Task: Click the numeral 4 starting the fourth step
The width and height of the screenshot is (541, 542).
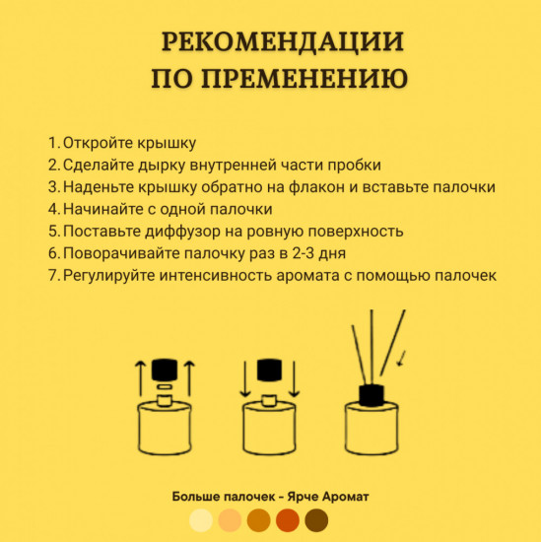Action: click(52, 210)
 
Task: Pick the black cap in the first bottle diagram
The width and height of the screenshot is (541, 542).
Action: click(162, 370)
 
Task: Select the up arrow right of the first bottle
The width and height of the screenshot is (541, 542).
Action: click(186, 379)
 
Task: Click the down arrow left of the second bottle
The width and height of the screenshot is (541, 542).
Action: click(243, 384)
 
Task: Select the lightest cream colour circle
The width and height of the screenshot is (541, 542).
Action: click(202, 519)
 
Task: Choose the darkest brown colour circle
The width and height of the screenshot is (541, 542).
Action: click(317, 519)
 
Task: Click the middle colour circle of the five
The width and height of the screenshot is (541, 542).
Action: click(259, 519)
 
